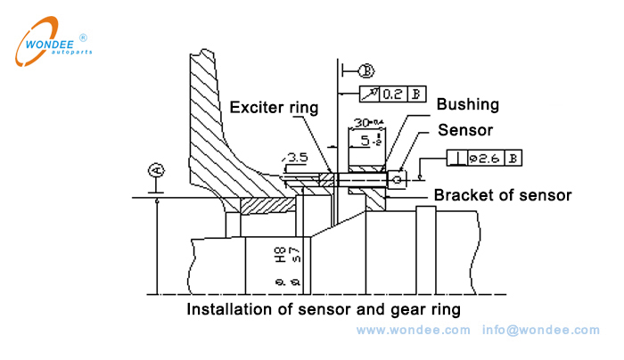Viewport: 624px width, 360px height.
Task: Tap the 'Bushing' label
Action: click(x=467, y=104)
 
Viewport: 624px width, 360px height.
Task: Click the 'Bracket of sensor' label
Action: click(x=502, y=195)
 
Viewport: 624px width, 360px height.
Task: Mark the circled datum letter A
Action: click(x=157, y=169)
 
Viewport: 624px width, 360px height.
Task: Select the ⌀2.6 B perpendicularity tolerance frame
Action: click(x=485, y=158)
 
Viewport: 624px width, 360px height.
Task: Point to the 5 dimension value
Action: click(x=367, y=141)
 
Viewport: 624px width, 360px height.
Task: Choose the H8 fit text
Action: click(x=280, y=260)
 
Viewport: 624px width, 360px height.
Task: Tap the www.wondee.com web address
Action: click(x=413, y=331)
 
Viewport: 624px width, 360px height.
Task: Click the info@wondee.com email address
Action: click(x=541, y=331)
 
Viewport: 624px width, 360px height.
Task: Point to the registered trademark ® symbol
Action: click(x=83, y=37)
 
